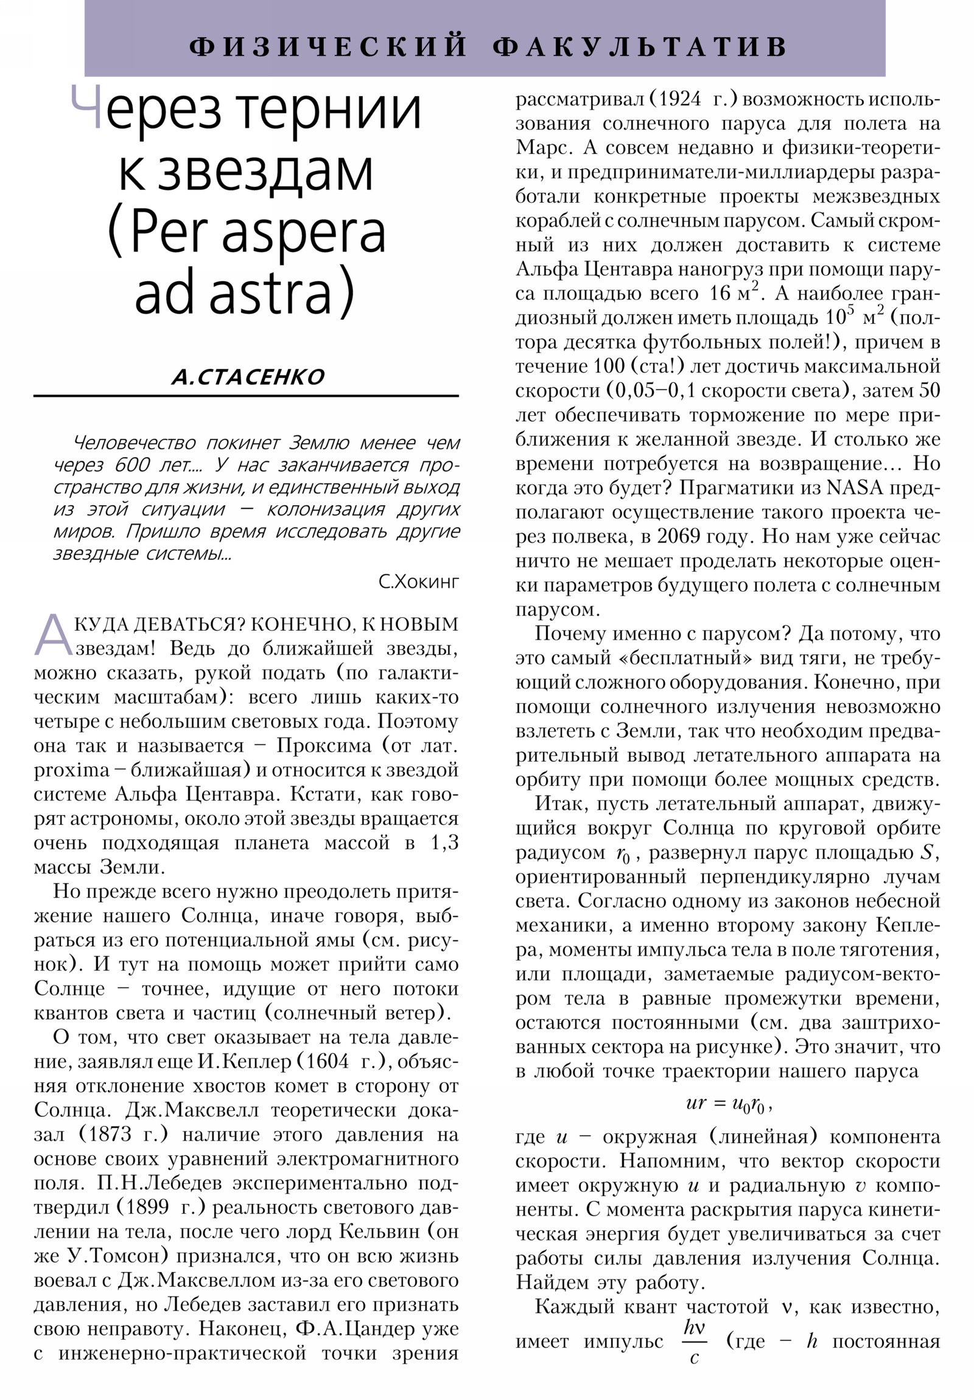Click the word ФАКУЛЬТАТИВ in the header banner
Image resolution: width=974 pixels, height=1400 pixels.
(x=640, y=47)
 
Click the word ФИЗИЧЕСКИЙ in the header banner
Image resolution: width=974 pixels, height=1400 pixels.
(x=328, y=47)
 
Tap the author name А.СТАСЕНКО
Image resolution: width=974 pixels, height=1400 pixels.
(x=248, y=377)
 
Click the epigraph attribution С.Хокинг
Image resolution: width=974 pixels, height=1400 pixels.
(x=418, y=581)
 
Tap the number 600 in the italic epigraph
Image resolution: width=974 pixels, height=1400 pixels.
(x=131, y=465)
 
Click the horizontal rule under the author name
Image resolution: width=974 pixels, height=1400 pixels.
(x=246, y=396)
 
